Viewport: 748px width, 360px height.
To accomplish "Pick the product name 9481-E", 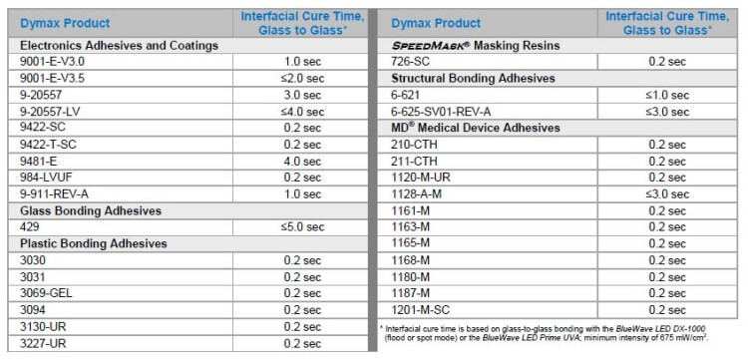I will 41,161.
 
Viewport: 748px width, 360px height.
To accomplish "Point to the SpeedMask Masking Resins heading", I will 477,45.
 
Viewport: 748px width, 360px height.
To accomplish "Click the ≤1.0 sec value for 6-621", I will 667,95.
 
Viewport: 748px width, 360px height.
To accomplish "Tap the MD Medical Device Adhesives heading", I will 477,128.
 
